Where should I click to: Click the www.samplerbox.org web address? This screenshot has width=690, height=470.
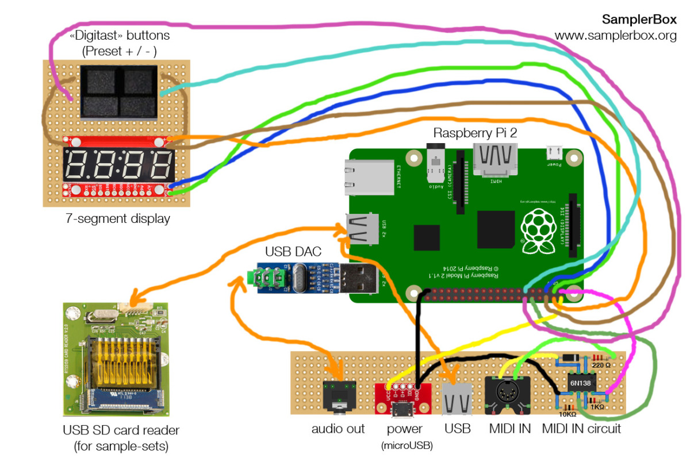click(x=615, y=36)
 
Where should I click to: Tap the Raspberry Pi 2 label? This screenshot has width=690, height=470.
click(x=475, y=133)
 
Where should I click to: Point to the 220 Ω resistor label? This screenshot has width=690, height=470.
click(x=601, y=364)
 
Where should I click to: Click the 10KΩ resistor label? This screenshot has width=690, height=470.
click(x=568, y=414)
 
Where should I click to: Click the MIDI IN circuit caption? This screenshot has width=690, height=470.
click(x=581, y=429)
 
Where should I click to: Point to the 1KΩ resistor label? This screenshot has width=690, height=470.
click(x=597, y=406)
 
